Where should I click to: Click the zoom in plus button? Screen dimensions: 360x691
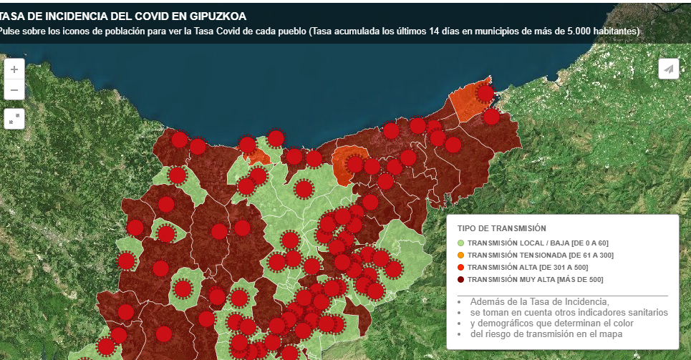14,69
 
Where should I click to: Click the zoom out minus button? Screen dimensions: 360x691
14,90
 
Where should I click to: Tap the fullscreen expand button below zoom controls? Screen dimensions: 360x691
14,119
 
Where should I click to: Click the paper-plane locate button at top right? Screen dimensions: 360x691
668,69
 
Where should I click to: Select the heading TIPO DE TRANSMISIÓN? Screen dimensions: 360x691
501,228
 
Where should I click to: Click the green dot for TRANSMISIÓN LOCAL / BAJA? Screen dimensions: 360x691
460,243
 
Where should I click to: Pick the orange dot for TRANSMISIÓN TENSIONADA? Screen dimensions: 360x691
460,256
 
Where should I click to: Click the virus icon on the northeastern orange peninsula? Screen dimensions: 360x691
485,93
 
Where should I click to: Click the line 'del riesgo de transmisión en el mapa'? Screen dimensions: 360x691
546,334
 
